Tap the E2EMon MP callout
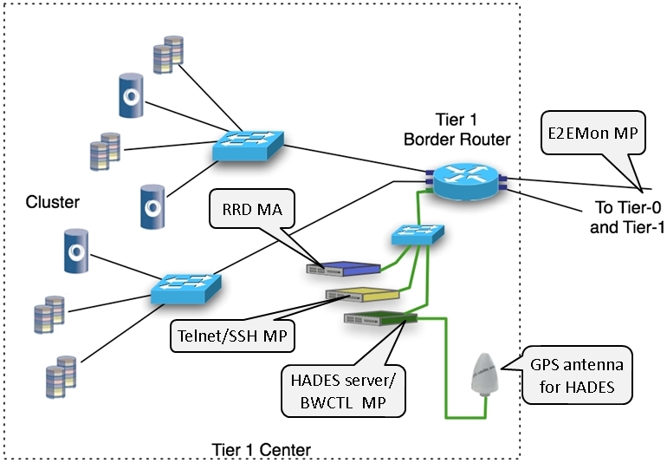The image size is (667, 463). pyautogui.click(x=594, y=132)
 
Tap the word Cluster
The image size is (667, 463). pyautogui.click(x=52, y=202)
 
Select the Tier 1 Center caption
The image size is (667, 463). pyautogui.click(x=262, y=450)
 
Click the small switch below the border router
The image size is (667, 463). pyautogui.click(x=418, y=234)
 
